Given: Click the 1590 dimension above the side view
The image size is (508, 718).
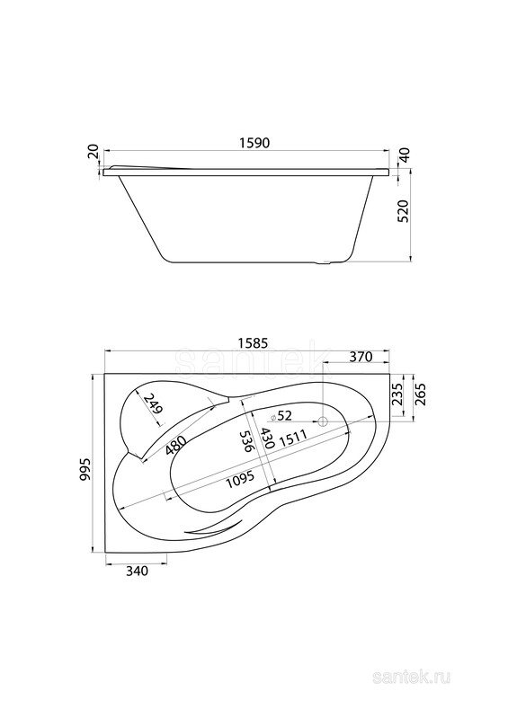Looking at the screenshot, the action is coord(254,142).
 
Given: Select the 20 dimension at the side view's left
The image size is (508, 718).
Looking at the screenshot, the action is coord(93,151).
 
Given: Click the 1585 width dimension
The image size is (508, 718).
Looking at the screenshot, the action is coord(250,342).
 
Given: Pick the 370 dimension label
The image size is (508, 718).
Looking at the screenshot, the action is coord(361,356).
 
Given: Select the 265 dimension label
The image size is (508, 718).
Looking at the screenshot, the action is coord(421,394).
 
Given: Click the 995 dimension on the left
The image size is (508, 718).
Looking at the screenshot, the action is coord(85,469).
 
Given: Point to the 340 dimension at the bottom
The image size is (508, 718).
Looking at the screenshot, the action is coord(137,571).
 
